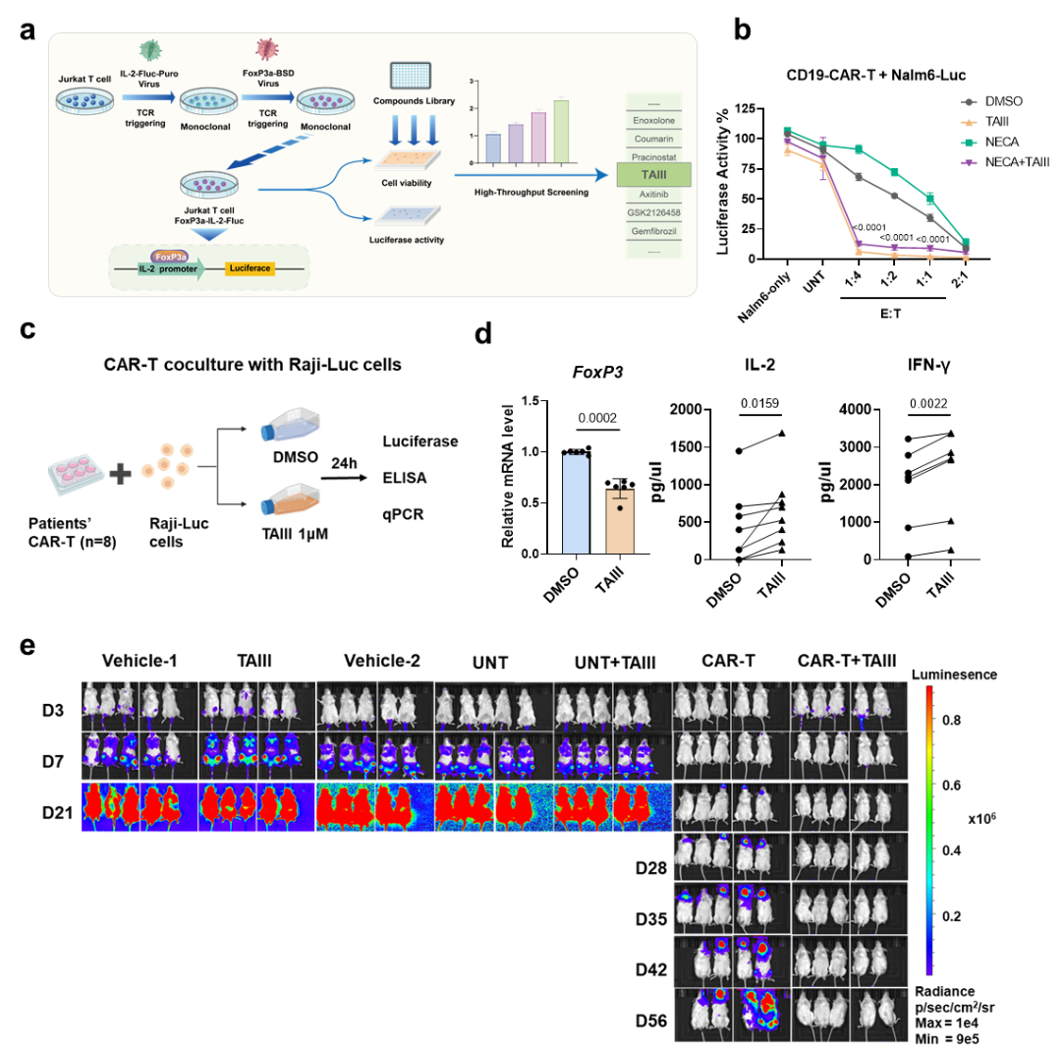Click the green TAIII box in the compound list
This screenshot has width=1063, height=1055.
tap(654, 175)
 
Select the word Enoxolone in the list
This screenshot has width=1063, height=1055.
tap(654, 121)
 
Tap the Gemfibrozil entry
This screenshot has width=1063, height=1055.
tap(654, 231)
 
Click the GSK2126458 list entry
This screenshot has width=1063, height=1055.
tap(654, 212)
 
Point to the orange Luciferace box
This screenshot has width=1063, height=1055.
tap(250, 267)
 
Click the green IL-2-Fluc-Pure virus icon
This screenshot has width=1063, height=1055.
tap(152, 49)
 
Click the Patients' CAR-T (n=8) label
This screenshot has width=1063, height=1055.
tap(75, 532)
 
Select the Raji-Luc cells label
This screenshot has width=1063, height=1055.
tap(189, 532)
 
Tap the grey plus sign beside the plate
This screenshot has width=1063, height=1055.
tap(120, 474)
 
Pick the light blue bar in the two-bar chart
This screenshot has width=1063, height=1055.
tap(576, 503)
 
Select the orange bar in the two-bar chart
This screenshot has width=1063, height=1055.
tap(620, 521)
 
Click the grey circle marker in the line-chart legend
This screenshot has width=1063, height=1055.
tap(970, 102)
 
